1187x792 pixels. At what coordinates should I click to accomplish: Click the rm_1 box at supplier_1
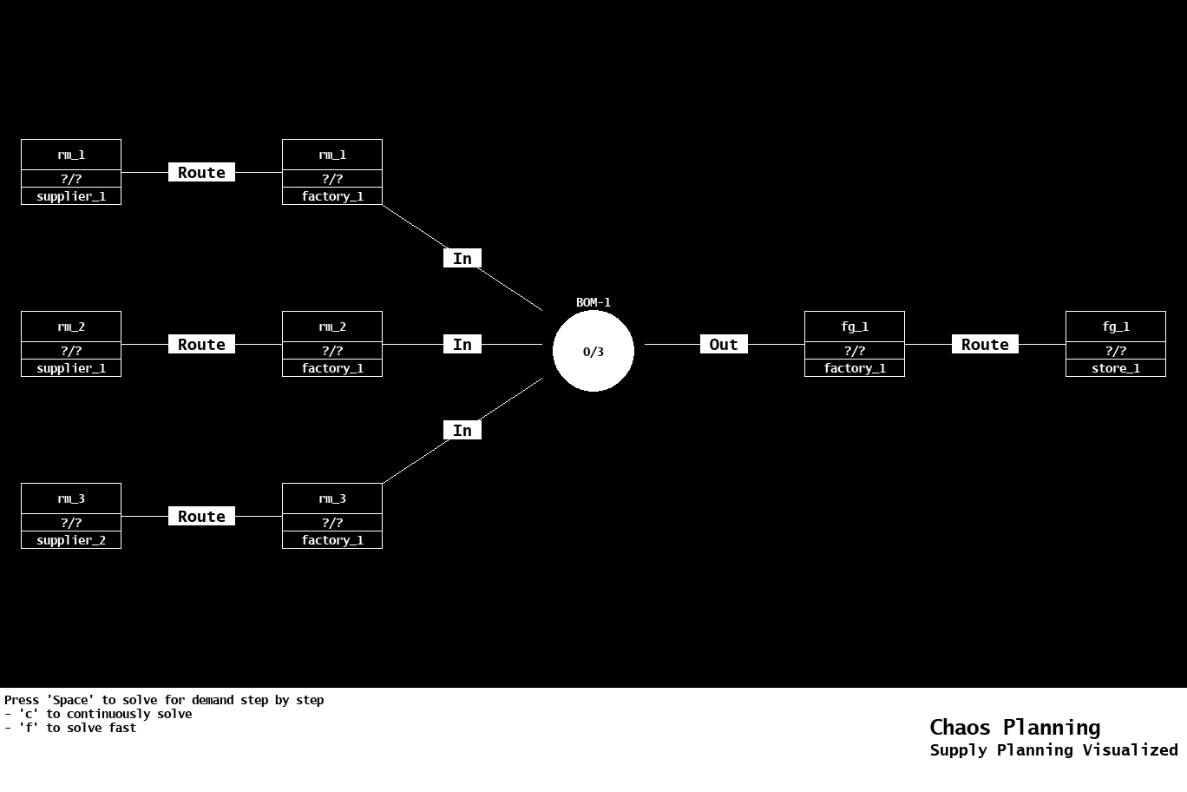[71, 172]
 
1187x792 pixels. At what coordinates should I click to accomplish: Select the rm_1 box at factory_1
[332, 172]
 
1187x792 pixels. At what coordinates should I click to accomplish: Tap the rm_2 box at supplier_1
[71, 344]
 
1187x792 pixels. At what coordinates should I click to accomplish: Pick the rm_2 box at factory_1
[332, 344]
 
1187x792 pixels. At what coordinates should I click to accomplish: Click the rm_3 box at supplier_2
[71, 516]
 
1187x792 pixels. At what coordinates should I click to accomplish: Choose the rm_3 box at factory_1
[332, 516]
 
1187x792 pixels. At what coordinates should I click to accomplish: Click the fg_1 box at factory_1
[855, 344]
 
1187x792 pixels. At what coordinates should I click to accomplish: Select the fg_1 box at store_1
[1116, 344]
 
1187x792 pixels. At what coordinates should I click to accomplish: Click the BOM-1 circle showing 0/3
[593, 351]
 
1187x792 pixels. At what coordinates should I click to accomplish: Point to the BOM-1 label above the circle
[593, 302]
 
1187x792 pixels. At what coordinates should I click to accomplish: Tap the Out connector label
[724, 345]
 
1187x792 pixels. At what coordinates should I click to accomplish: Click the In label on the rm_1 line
[462, 259]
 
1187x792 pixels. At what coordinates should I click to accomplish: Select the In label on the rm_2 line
[462, 345]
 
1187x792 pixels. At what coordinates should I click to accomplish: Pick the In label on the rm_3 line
[462, 431]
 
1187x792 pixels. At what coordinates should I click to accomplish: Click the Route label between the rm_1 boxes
[201, 173]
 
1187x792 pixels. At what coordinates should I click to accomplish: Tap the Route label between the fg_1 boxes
[985, 345]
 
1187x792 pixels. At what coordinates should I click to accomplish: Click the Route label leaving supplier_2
[201, 517]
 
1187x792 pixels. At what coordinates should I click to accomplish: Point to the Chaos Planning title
[1014, 728]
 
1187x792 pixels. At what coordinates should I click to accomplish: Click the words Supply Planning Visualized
[1053, 750]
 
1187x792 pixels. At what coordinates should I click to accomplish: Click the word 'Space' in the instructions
[70, 700]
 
